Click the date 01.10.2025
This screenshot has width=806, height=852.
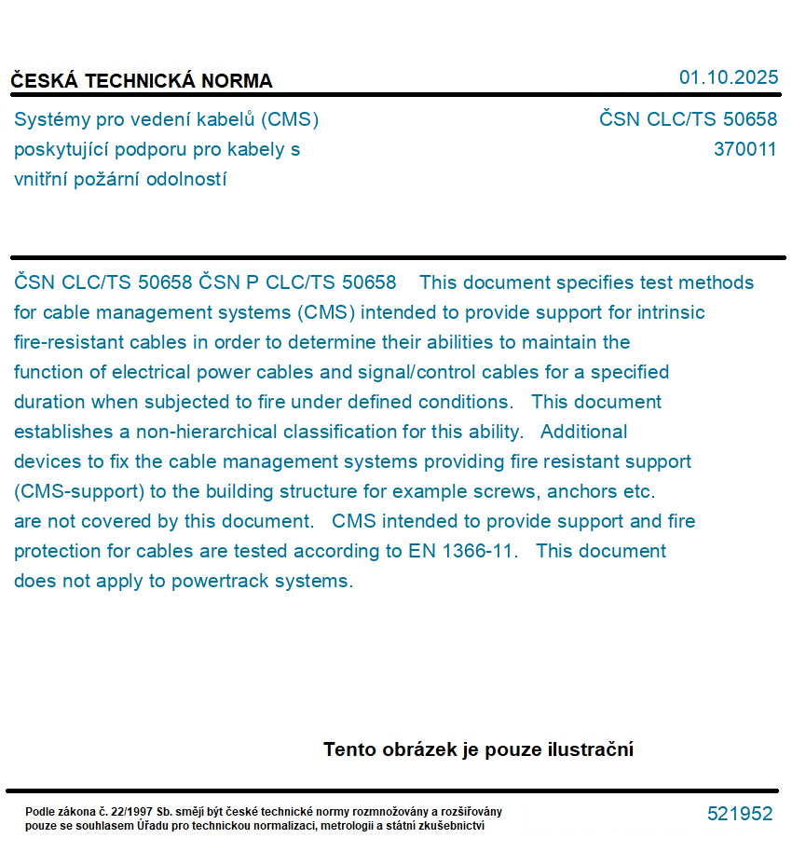[x=728, y=77]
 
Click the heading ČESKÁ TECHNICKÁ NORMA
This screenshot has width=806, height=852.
[x=142, y=81]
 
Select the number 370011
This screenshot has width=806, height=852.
[x=745, y=149]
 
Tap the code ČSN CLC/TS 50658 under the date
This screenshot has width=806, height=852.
[x=688, y=119]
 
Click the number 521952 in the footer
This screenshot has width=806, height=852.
[x=740, y=814]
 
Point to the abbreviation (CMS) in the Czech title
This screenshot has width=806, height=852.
[x=291, y=119]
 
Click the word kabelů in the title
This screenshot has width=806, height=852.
[x=224, y=119]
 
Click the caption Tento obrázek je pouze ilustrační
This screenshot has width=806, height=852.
[x=478, y=749]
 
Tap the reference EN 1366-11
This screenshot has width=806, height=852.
[x=461, y=551]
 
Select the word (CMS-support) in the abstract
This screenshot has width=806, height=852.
[x=75, y=491]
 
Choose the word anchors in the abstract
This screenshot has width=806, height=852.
[x=581, y=491]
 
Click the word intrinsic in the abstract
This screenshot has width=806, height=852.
[x=671, y=312]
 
